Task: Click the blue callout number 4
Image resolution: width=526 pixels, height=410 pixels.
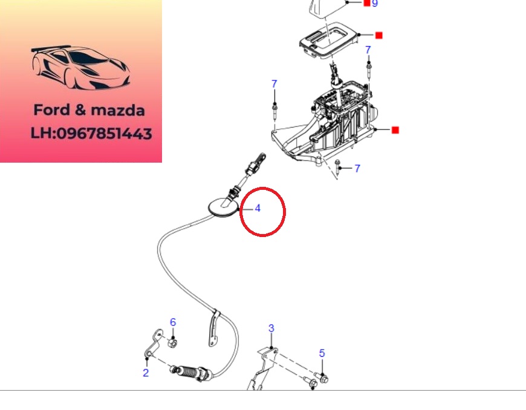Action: pyautogui.click(x=258, y=209)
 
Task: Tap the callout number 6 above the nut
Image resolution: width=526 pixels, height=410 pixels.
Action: pyautogui.click(x=173, y=322)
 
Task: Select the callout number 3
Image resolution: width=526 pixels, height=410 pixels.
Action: pyautogui.click(x=271, y=328)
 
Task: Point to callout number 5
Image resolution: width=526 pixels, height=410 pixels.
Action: pyautogui.click(x=322, y=353)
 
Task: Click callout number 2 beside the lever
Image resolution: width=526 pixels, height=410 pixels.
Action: pyautogui.click(x=146, y=373)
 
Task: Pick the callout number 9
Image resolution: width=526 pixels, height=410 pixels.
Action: pyautogui.click(x=375, y=4)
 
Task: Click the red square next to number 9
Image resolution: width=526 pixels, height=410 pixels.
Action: pyautogui.click(x=367, y=3)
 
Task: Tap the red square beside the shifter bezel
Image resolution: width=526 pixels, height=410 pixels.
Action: pyautogui.click(x=378, y=35)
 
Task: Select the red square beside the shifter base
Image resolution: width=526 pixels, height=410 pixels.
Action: pyautogui.click(x=395, y=130)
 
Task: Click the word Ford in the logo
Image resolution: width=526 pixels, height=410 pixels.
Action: pyautogui.click(x=52, y=110)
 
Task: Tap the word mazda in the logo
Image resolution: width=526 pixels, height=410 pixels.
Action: pyautogui.click(x=118, y=111)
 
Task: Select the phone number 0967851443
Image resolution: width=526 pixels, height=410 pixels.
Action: pyautogui.click(x=105, y=133)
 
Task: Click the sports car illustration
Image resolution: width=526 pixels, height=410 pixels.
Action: pyautogui.click(x=81, y=68)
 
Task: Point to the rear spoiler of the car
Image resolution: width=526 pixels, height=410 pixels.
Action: pyautogui.click(x=50, y=48)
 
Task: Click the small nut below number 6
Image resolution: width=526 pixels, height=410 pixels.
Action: pyautogui.click(x=172, y=343)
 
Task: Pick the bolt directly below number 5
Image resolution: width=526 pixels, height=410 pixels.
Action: pyautogui.click(x=322, y=378)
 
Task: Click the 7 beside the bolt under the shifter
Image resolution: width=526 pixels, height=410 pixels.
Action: pyautogui.click(x=357, y=169)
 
